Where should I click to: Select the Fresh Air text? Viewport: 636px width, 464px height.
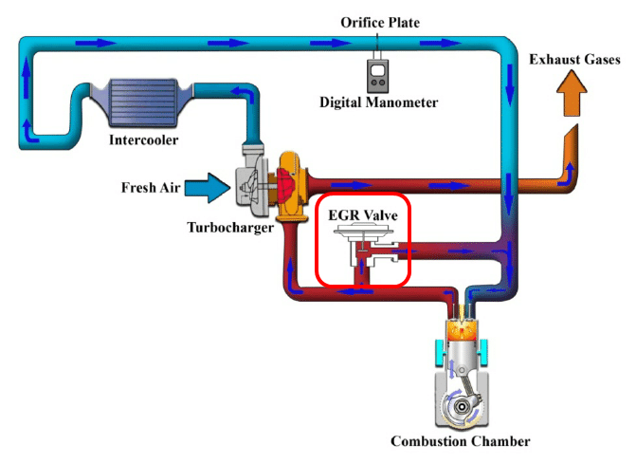151,187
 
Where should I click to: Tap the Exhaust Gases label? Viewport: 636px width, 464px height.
574,59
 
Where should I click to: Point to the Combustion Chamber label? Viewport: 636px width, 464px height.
460,441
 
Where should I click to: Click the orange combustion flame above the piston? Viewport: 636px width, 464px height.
462,327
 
